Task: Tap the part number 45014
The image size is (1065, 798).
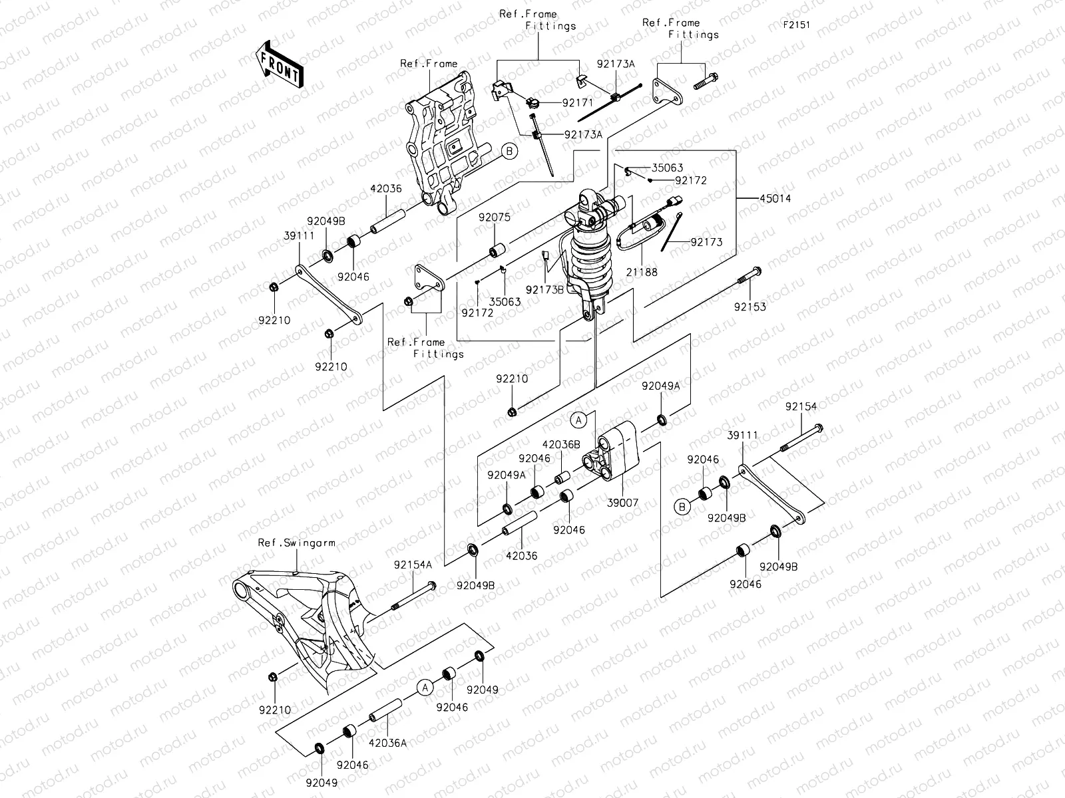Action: coord(773,198)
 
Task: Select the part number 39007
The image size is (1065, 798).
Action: coord(622,503)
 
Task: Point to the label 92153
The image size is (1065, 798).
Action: coord(750,307)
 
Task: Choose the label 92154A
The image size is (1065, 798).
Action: coord(413,565)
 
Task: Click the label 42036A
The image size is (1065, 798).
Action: coord(387,743)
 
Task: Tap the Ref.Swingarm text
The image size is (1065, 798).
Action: coord(296,543)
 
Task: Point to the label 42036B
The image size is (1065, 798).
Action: coord(561,444)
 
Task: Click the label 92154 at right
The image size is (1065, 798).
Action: coord(800,406)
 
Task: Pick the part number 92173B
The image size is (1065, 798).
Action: coord(544,289)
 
